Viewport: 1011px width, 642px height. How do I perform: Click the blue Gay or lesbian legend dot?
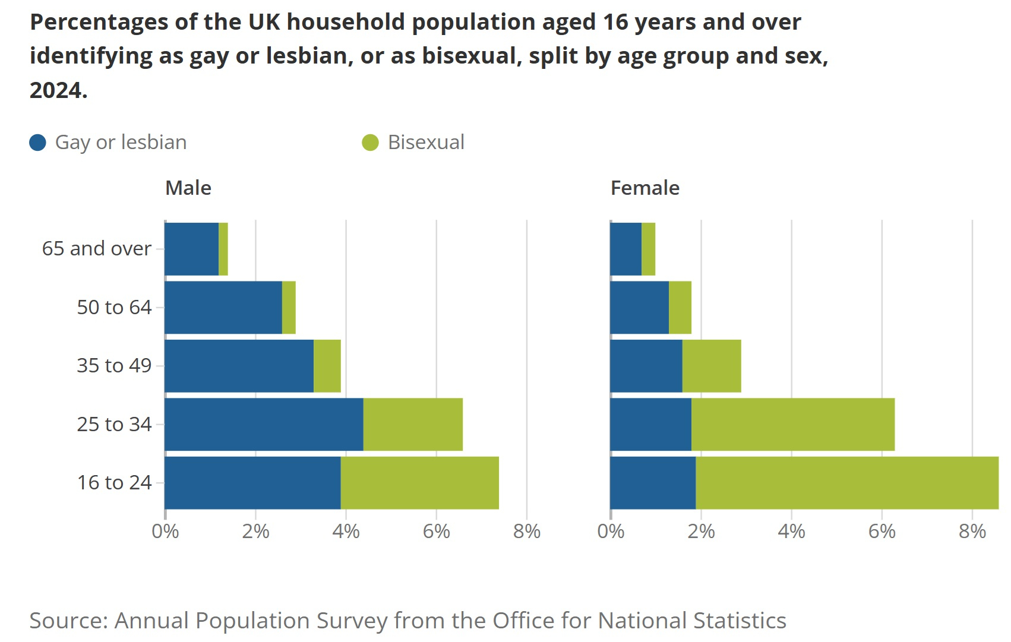[38, 143]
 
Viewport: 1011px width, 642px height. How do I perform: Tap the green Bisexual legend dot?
[370, 143]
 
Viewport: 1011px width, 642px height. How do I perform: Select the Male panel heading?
[188, 188]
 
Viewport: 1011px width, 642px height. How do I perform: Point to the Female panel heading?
[644, 188]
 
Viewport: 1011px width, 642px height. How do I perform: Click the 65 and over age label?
[97, 248]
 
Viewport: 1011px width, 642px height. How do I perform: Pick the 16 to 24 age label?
[114, 482]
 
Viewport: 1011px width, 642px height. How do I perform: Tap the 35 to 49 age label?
[114, 365]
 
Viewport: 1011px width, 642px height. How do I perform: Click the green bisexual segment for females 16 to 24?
[846, 483]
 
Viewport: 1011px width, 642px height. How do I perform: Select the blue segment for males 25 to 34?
[264, 424]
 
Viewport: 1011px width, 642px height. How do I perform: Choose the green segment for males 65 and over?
[223, 249]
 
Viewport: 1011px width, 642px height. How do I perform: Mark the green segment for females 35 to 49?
[712, 366]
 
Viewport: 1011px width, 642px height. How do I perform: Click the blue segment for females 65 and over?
[626, 249]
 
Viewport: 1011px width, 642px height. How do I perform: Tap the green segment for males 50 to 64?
[289, 307]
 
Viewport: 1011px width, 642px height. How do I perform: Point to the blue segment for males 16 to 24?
[252, 483]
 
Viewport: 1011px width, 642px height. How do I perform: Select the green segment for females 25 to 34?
[793, 424]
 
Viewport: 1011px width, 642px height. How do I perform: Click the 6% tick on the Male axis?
[436, 531]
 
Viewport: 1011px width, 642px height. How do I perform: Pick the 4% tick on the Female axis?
[791, 531]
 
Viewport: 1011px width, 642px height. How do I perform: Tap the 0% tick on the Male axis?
[165, 531]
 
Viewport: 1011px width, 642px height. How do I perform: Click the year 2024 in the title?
[58, 90]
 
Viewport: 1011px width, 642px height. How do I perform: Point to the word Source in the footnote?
[68, 620]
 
